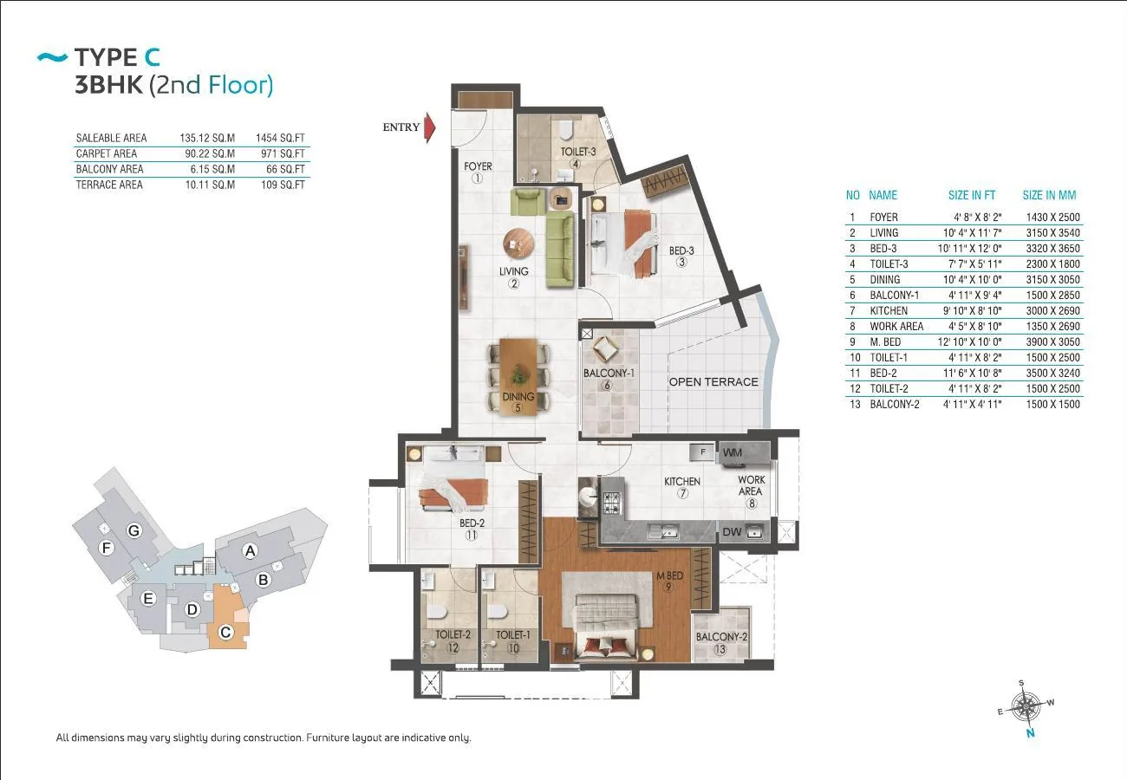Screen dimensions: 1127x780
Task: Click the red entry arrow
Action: [429, 127]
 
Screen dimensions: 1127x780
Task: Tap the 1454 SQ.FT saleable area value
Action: [280, 139]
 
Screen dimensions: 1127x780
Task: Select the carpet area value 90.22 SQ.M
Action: [210, 154]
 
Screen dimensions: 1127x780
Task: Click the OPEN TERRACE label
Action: [713, 382]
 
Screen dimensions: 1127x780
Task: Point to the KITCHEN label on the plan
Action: [682, 481]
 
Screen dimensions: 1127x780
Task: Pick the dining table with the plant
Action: [518, 377]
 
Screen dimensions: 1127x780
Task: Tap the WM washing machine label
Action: [732, 452]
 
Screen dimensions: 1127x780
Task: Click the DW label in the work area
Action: [732, 532]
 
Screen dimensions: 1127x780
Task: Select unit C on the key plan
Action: [226, 632]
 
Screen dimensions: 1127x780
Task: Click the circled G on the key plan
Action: [134, 530]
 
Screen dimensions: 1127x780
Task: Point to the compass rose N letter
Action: [1031, 733]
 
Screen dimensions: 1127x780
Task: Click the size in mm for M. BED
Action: [1053, 342]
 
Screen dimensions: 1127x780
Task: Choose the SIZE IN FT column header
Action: [972, 195]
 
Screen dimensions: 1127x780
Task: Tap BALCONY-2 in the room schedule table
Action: [895, 405]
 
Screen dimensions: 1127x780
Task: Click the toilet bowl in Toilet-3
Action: [566, 130]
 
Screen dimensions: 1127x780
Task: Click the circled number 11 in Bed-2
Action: [472, 535]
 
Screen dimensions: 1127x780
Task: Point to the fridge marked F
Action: [703, 452]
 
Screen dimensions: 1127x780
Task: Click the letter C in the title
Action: [152, 57]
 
